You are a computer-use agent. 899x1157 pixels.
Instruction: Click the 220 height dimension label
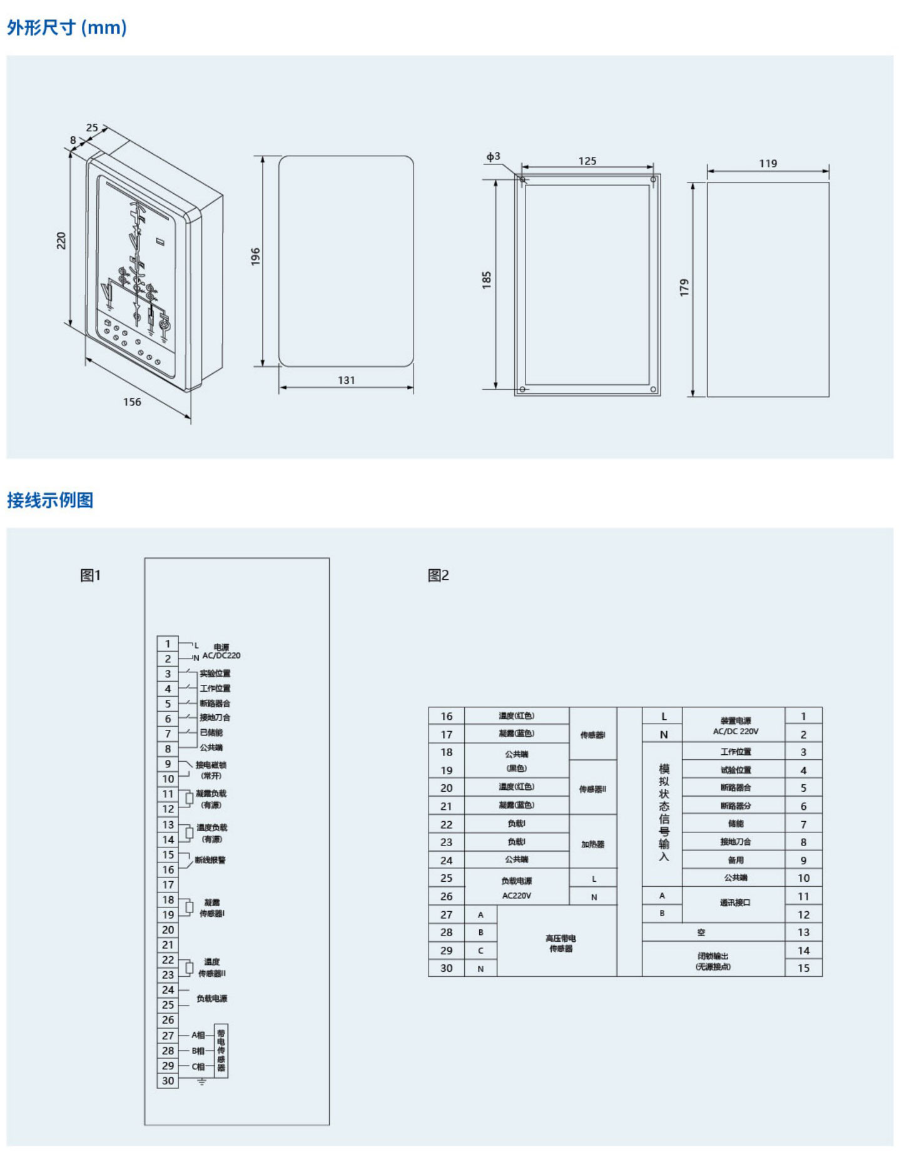61,240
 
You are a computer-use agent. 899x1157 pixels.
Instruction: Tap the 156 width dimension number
132,402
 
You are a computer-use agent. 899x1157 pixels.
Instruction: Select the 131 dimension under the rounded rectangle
346,380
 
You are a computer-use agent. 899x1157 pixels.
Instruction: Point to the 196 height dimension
255,256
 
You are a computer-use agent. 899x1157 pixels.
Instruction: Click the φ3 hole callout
493,156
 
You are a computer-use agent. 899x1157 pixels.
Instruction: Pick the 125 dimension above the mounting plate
587,161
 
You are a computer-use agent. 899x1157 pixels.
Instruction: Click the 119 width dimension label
768,164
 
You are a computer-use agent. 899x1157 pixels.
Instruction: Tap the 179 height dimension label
684,288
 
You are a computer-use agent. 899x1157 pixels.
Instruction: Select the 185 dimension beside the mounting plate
487,280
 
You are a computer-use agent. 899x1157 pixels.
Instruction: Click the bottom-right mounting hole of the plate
653,390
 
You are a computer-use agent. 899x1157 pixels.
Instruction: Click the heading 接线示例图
50,500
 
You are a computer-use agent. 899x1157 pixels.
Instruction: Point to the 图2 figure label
438,575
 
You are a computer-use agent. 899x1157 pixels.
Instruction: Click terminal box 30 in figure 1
168,1081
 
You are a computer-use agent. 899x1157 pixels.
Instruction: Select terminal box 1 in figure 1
168,644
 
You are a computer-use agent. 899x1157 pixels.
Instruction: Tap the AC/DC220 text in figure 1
221,655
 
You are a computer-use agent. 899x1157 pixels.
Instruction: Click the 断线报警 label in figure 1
210,860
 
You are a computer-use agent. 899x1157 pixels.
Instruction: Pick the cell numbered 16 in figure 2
446,716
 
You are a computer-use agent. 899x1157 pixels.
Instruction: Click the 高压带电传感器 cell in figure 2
560,943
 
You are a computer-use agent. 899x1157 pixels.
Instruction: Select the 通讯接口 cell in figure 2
734,902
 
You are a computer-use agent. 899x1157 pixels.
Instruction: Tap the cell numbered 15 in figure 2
803,968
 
